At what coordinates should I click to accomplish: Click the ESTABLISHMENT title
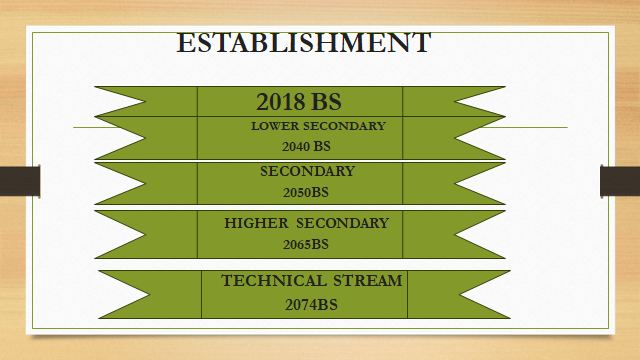tap(304, 42)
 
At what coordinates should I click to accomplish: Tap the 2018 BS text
tap(299, 102)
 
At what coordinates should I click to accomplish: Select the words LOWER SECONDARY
tap(318, 126)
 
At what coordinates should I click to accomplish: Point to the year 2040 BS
tap(306, 146)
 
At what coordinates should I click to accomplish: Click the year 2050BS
tap(306, 192)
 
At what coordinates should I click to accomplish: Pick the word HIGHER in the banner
tap(256, 223)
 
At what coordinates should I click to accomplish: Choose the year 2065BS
tap(306, 244)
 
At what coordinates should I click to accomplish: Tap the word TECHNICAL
tap(273, 281)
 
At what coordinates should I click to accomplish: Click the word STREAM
tap(367, 281)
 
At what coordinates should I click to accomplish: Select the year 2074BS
tap(311, 304)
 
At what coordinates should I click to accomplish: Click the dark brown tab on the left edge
tap(20, 181)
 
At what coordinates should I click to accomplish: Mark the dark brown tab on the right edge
tap(620, 181)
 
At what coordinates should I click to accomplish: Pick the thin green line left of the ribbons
tap(95, 127)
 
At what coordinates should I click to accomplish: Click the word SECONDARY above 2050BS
tap(307, 171)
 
